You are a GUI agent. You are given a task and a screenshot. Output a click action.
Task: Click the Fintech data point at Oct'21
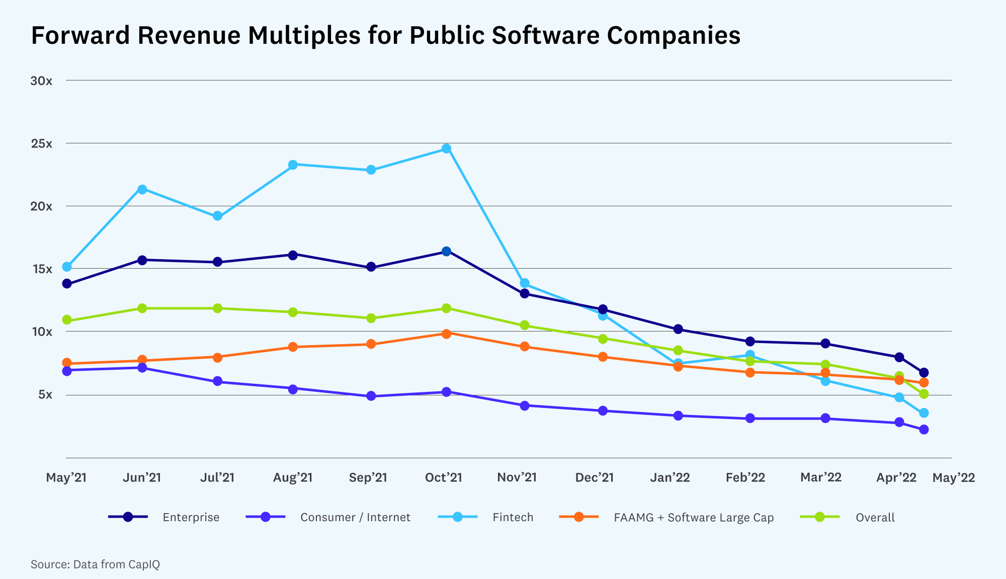coord(446,148)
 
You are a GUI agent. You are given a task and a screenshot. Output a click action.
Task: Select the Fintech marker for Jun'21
coord(142,189)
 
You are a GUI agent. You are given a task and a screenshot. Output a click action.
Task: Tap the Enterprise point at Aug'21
coord(293,255)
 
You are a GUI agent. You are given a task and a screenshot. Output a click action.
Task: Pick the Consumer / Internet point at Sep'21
coord(371,396)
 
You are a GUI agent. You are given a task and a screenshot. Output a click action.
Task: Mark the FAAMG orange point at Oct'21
coord(446,334)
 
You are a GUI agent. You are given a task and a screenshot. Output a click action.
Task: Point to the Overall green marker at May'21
coord(67,320)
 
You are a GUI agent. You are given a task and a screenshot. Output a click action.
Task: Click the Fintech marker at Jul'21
coord(217,216)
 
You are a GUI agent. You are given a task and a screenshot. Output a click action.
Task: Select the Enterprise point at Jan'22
coord(678,329)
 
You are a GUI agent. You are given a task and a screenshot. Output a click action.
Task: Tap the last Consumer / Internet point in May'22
coord(924,430)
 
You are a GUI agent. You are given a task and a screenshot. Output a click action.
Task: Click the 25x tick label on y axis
coord(41,143)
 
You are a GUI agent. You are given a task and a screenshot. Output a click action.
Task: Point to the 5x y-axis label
coord(45,394)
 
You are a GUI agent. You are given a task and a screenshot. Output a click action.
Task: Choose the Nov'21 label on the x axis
coord(517,477)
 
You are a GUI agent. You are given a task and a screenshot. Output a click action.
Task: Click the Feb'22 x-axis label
coord(745,477)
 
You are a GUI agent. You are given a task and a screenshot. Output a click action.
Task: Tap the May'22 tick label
coord(953,477)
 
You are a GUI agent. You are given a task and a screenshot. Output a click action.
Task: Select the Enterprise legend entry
coord(191,517)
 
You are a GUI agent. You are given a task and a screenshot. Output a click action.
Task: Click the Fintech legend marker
coord(457,517)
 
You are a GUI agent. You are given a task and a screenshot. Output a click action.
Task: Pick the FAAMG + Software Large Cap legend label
coord(693,517)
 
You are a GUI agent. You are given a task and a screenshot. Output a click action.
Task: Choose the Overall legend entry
coord(875,517)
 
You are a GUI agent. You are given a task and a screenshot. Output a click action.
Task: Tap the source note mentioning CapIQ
coord(95,564)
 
